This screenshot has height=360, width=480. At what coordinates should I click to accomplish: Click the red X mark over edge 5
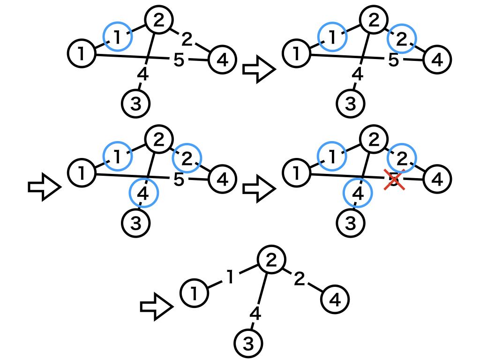pos(394,180)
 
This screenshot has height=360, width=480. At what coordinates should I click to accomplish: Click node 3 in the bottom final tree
pos(248,344)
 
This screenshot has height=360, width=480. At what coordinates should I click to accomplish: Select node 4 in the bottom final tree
pos(335,299)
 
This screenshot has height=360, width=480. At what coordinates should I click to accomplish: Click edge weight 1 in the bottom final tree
pos(230,277)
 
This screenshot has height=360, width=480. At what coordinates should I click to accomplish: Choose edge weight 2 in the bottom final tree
pos(300,279)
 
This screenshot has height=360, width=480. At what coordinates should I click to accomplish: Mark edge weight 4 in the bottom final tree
pos(255,314)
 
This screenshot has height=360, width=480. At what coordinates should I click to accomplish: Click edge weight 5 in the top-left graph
pos(179,60)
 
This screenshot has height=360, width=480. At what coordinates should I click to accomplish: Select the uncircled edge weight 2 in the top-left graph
pos(187,40)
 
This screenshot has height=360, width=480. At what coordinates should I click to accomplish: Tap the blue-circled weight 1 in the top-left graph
pos(117,37)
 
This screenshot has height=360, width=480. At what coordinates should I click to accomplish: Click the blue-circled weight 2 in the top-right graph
pos(402,40)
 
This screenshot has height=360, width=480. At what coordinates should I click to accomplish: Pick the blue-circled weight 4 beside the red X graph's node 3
pos(358,193)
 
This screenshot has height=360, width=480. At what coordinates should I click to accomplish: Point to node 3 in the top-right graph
pos(351,103)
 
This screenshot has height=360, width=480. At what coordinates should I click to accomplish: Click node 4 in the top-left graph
pos(222,60)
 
